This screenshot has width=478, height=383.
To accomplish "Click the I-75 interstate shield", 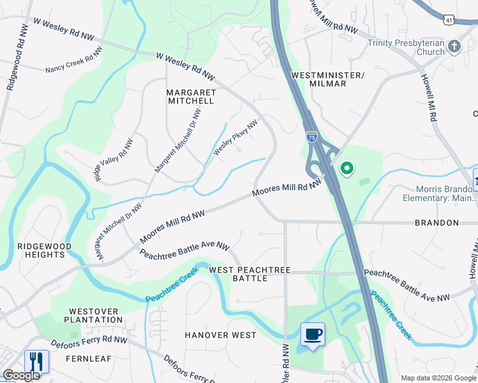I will (x=311, y=137).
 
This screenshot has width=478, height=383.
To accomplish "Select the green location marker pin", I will (x=347, y=169).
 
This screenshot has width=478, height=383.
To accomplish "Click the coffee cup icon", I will (x=312, y=334).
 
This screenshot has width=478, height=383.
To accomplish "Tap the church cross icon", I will (x=454, y=46).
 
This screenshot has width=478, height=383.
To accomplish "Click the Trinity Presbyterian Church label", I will (x=406, y=47).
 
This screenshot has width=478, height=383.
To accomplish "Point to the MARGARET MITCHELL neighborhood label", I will (x=191, y=96).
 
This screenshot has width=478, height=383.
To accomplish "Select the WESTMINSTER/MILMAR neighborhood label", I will (x=327, y=79).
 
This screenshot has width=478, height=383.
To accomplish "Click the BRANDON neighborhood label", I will (x=437, y=223).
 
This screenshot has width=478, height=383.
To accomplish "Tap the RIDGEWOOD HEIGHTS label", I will (x=42, y=250).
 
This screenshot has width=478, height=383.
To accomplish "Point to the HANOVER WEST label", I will (x=220, y=335).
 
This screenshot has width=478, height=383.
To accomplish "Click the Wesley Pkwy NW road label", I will (x=235, y=137).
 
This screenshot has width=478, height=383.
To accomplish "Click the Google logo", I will (x=21, y=375).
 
